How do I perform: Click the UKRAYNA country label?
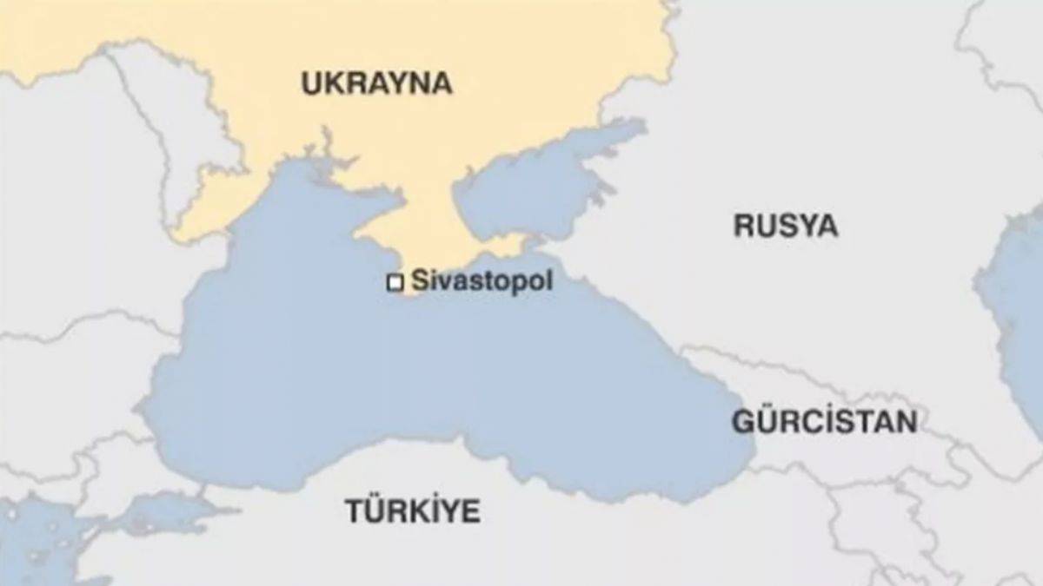coord(376,83)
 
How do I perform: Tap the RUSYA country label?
coord(785,226)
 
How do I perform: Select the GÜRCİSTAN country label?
coord(823,422)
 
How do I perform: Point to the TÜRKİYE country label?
coord(413,510)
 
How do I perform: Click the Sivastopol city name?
coord(481,281)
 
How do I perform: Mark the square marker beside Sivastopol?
coord(395,283)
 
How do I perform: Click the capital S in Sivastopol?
coord(419,281)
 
